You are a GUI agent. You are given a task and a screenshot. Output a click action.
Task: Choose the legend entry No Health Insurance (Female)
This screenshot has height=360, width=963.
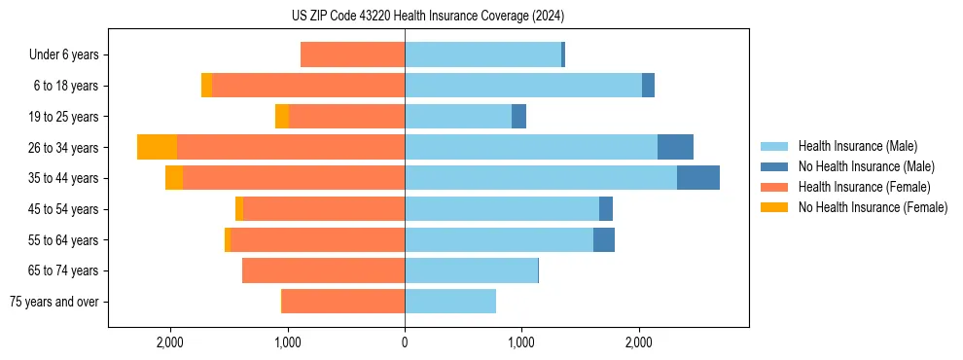pyautogui.click(x=873, y=207)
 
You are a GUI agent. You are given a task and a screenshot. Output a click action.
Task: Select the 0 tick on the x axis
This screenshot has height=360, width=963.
pyautogui.click(x=405, y=342)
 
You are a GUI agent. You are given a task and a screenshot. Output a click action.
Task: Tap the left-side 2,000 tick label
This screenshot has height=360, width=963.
pyautogui.click(x=170, y=342)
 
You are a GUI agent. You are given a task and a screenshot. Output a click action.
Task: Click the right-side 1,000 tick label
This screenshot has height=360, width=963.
pyautogui.click(x=521, y=342)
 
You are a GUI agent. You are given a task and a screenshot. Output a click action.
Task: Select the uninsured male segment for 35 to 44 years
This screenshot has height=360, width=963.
pyautogui.click(x=697, y=178)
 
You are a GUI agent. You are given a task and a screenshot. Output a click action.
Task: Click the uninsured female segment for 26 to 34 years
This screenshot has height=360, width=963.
pyautogui.click(x=157, y=147)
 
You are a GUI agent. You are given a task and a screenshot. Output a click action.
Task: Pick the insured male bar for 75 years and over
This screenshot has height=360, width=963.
pyautogui.click(x=450, y=302)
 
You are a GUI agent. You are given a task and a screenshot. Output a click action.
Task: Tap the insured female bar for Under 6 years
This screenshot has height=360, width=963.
pyautogui.click(x=352, y=54)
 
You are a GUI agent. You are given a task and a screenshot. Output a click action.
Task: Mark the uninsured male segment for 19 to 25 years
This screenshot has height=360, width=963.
pyautogui.click(x=518, y=117)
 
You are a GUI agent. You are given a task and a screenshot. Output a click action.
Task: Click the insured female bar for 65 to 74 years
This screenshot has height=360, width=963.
pyautogui.click(x=323, y=270)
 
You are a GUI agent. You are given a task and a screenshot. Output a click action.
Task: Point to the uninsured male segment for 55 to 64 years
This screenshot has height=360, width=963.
pyautogui.click(x=603, y=239)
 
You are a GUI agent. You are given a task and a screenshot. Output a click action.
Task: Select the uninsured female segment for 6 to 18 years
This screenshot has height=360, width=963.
pyautogui.click(x=206, y=86)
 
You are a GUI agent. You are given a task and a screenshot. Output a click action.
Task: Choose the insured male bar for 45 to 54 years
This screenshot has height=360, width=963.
pyautogui.click(x=501, y=209)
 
